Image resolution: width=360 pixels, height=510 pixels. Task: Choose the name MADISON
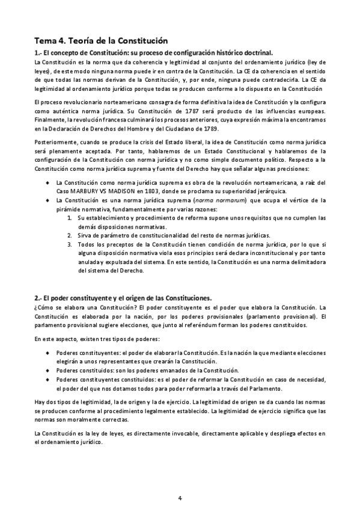coord(110,191)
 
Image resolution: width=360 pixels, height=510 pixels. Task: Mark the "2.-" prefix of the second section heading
coord(40,298)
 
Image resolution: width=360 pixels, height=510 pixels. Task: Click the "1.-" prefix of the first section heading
coord(40,53)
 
